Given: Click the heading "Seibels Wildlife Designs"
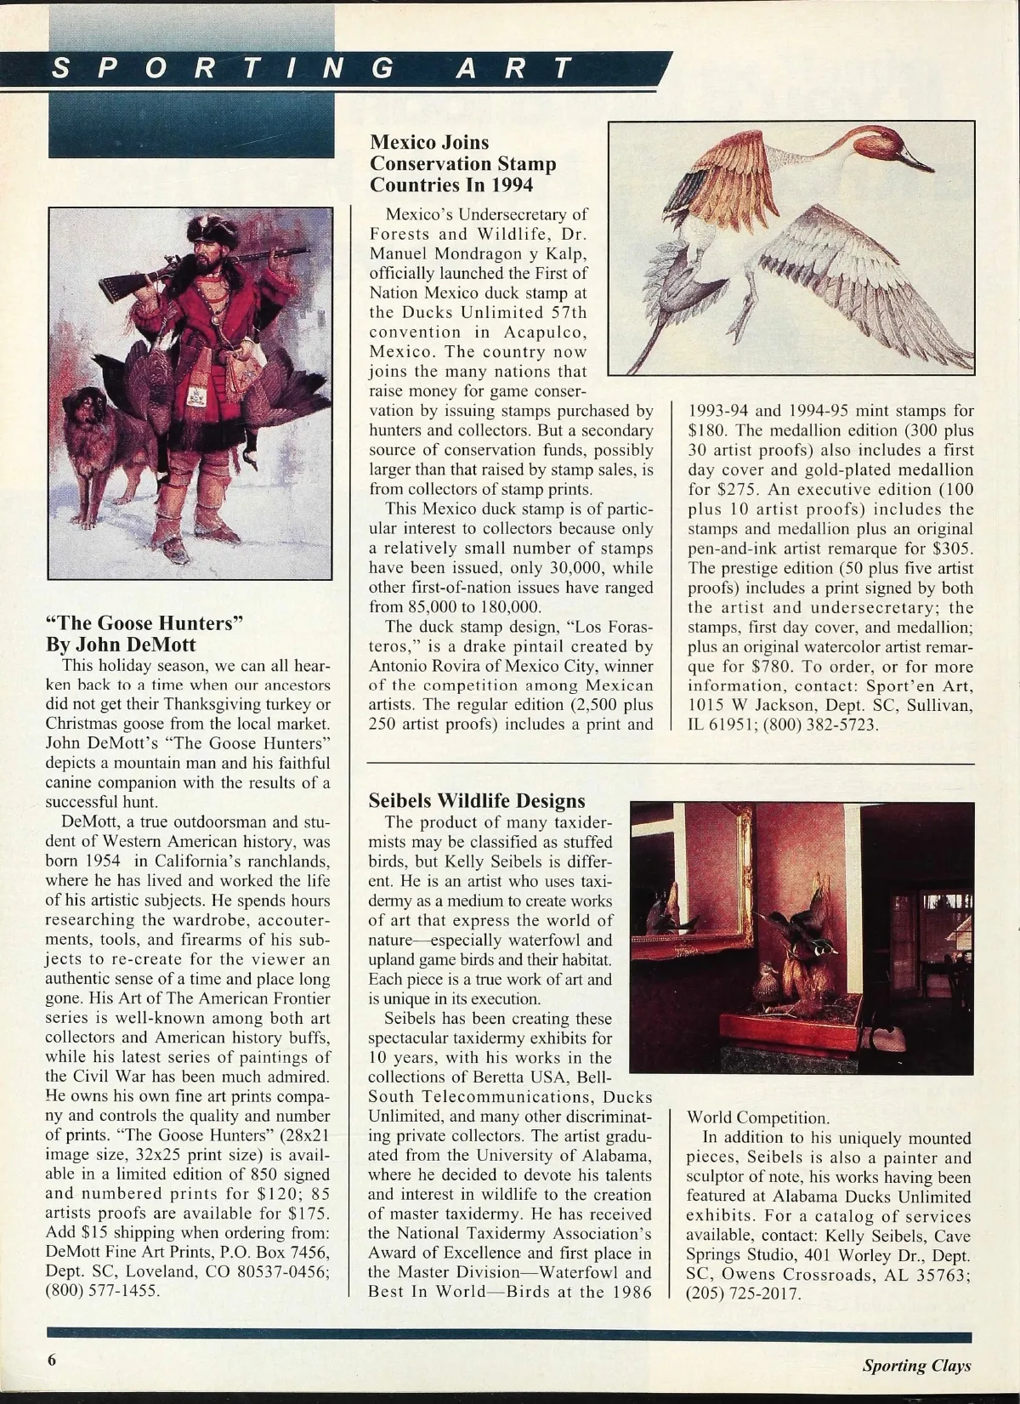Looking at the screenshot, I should (477, 800).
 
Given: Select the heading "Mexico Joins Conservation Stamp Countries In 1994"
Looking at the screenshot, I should (463, 162).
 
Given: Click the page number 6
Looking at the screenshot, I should (52, 1359).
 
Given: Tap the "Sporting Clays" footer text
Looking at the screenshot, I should (916, 1366).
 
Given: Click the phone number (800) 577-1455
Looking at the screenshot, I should (102, 1290).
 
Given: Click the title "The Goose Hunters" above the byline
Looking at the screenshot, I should (144, 622).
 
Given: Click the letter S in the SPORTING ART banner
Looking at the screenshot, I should (60, 68).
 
